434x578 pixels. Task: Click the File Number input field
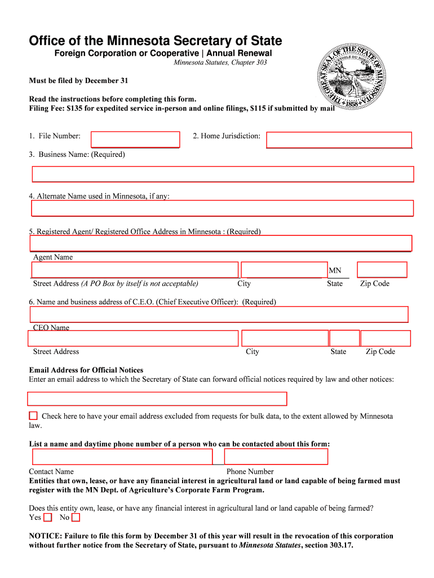pos(135,139)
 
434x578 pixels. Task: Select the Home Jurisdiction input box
pos(339,139)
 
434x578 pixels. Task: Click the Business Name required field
pos(223,174)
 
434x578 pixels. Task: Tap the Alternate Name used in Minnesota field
pos(223,208)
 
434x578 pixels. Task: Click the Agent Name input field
pos(220,243)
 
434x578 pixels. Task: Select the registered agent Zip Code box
pos(382,270)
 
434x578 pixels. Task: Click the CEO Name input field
pos(219,314)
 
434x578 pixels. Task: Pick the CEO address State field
pos(344,338)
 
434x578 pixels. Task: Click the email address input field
pos(157,399)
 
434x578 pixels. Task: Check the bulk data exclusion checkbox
pos(33,415)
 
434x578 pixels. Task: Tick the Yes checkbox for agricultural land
pos(48,517)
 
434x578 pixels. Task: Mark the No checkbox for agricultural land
pos(76,517)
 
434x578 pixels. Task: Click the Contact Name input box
pos(122,457)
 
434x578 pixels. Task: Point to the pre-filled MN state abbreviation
pos(335,271)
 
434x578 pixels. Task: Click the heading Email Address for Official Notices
pos(86,370)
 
